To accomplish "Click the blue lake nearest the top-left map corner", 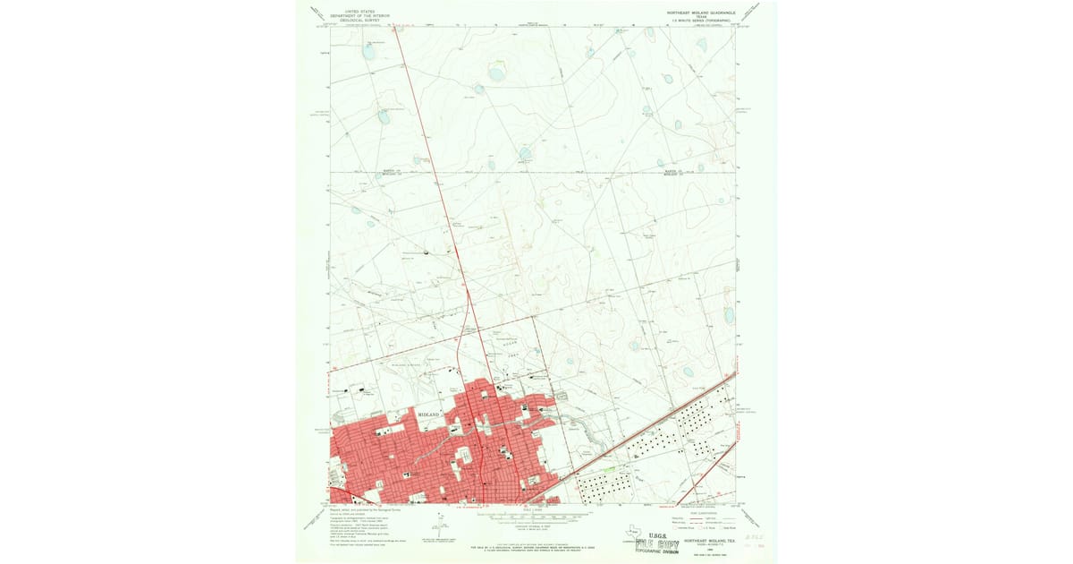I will pyautogui.click(x=369, y=52).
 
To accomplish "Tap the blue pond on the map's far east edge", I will pyautogui.click(x=730, y=315).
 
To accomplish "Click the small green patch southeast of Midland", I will pyautogui.click(x=610, y=468).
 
